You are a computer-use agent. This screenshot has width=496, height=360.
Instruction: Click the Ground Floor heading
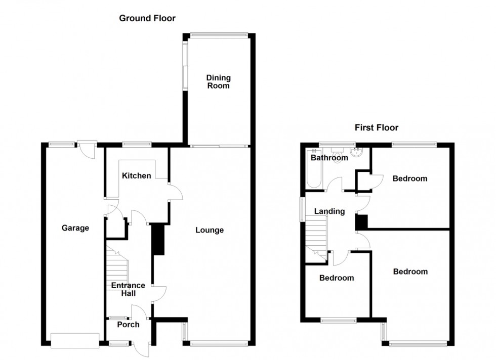pyautogui.click(x=147, y=18)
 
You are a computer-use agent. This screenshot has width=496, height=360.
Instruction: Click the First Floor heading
pyautogui.click(x=376, y=128)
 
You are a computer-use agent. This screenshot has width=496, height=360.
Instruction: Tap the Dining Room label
pyautogui.click(x=218, y=81)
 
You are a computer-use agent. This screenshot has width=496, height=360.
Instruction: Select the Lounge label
pyautogui.click(x=210, y=230)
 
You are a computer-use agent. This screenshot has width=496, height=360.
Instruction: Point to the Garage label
pyautogui.click(x=75, y=228)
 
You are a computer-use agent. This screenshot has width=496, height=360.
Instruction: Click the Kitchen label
pyautogui.click(x=136, y=175)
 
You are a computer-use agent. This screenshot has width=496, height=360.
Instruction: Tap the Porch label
pyautogui.click(x=128, y=324)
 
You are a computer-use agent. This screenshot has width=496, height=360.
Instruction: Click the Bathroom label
pyautogui.click(x=329, y=158)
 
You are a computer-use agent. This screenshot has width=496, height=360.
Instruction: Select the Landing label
pyautogui.click(x=329, y=211)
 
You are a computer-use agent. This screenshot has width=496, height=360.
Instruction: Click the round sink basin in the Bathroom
pyautogui.click(x=358, y=154)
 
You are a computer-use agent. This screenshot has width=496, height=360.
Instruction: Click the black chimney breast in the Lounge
pyautogui.click(x=158, y=240)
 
